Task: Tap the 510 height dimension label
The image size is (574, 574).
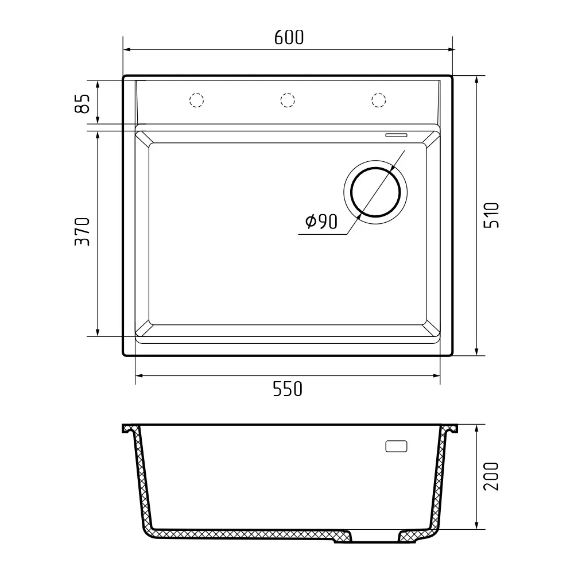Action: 492,215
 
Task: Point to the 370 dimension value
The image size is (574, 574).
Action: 83,232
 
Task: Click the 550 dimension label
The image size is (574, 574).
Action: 287,390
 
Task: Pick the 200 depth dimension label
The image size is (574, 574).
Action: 492,476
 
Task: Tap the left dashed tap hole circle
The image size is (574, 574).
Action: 197,100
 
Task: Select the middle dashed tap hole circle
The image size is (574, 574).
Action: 288,100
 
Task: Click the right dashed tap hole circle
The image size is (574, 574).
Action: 378,100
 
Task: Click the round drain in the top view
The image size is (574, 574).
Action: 376,192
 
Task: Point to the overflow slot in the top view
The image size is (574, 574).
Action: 395,135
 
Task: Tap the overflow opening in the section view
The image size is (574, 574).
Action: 395,446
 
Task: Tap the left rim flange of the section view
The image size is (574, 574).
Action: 129,429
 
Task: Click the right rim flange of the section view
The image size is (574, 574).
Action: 451,429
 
